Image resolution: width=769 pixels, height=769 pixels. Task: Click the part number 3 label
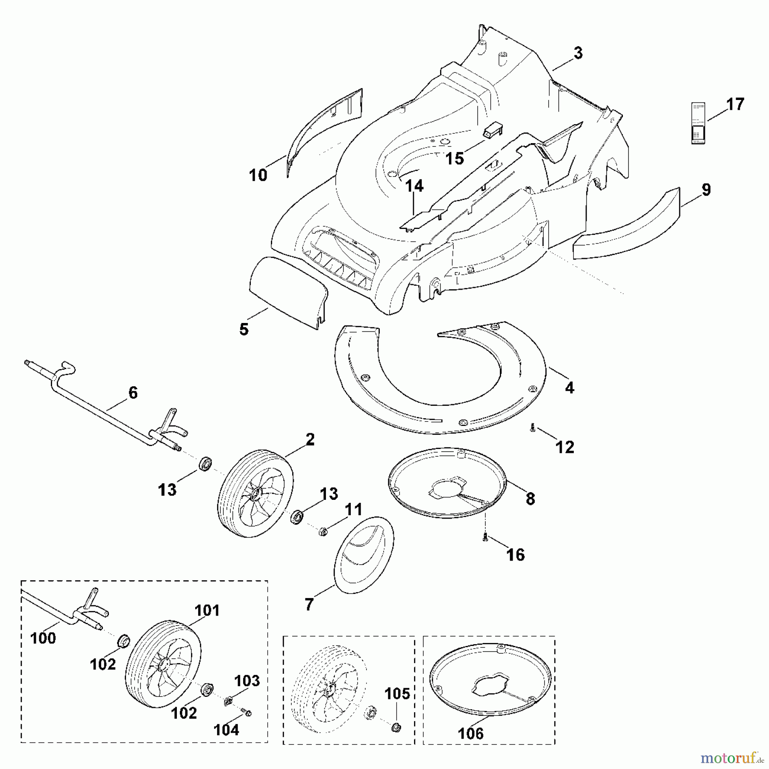click(578, 53)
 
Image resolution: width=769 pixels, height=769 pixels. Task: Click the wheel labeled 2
click(255, 493)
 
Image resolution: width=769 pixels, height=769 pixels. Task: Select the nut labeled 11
click(323, 531)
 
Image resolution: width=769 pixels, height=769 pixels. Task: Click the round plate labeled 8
click(446, 483)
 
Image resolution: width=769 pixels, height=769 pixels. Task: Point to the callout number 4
click(569, 388)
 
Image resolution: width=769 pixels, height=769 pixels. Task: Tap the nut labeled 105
click(396, 727)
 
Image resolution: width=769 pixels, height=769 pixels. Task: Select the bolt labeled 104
click(246, 712)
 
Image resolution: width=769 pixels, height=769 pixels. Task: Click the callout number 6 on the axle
click(133, 392)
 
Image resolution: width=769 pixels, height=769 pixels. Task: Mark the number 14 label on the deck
click(414, 186)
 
